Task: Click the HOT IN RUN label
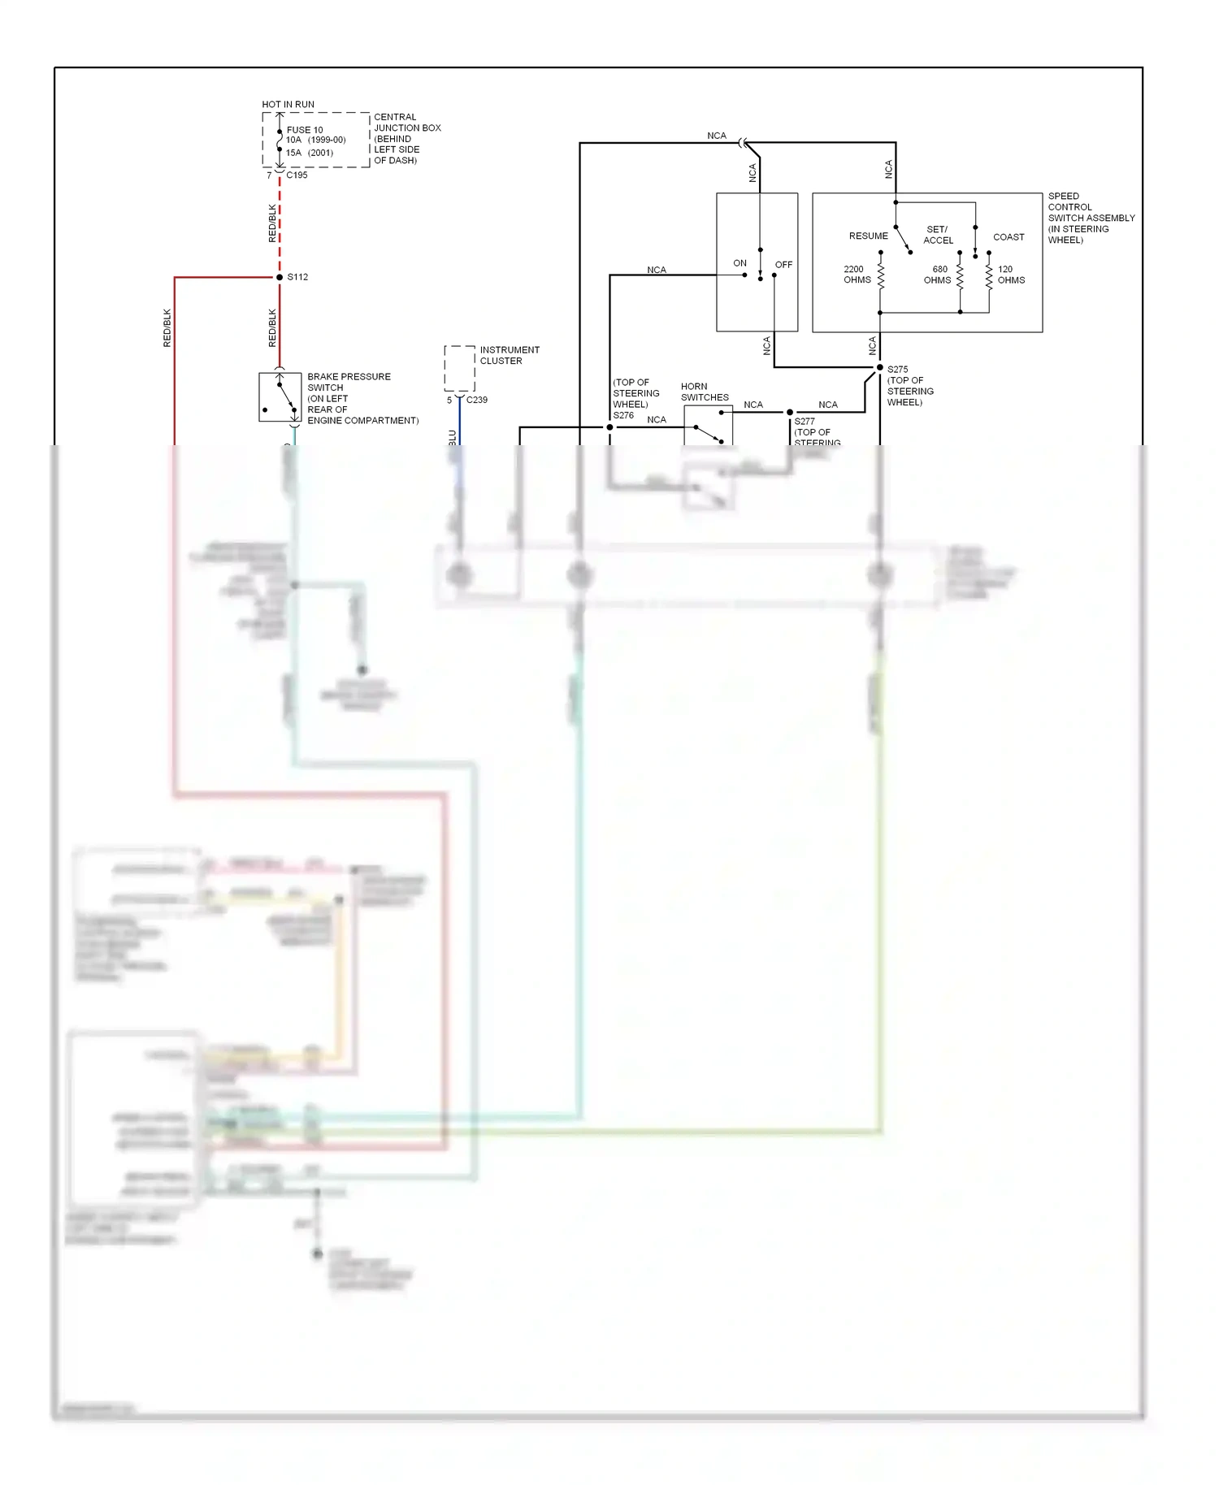pos(288,104)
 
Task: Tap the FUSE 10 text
pos(305,130)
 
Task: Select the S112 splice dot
pos(280,277)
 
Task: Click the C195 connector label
pos(297,175)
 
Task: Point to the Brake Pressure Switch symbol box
pos(280,397)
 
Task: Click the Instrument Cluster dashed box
pos(459,368)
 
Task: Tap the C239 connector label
pos(476,400)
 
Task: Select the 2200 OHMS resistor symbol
pos(880,275)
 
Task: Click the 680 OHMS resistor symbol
pos(960,275)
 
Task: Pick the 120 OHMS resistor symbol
pos(989,275)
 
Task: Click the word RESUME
pos(868,236)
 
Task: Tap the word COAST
pos(1009,237)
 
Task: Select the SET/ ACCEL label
pos(938,235)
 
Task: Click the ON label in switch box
pos(740,263)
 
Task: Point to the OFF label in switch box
pos(783,265)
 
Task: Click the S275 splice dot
pos(879,368)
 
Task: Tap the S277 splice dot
pos(789,413)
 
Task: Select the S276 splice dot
pos(609,427)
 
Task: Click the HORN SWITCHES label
pos(704,392)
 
